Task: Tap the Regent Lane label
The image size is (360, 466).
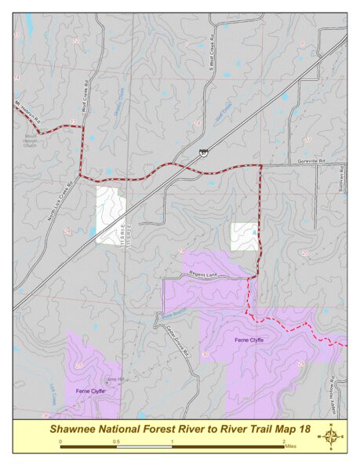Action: pyautogui.click(x=201, y=274)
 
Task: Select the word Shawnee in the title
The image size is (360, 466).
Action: pyautogui.click(x=73, y=428)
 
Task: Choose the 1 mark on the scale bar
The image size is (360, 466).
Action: pyautogui.click(x=172, y=442)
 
